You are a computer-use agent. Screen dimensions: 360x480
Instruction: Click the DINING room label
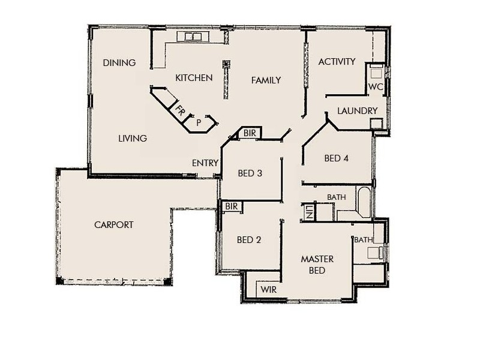pyautogui.click(x=119, y=63)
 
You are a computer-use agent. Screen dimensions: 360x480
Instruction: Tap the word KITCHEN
pyautogui.click(x=194, y=78)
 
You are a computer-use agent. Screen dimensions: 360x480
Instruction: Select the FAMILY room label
pyautogui.click(x=266, y=80)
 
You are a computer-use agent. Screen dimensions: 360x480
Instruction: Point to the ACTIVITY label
pyautogui.click(x=337, y=62)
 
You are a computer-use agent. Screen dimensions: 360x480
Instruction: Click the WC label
pyautogui.click(x=376, y=87)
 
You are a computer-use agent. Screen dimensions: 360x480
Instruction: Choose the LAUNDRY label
pyautogui.click(x=357, y=111)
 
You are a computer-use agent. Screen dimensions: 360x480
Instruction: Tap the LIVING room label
pyautogui.click(x=132, y=139)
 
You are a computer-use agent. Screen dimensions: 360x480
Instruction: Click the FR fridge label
pyautogui.click(x=180, y=110)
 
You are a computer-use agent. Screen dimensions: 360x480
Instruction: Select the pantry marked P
pyautogui.click(x=198, y=122)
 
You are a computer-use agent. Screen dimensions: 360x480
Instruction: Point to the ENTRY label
pyautogui.click(x=205, y=163)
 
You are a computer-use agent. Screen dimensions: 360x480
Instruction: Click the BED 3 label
pyautogui.click(x=250, y=174)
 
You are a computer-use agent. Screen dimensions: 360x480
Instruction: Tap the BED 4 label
pyautogui.click(x=336, y=159)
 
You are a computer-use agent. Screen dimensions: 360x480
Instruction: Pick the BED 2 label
pyautogui.click(x=249, y=240)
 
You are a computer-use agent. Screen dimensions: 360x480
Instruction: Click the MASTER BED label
pyautogui.click(x=317, y=265)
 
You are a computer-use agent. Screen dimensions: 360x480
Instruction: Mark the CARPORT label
pyautogui.click(x=113, y=225)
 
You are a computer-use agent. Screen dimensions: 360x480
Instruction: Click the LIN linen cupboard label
pyautogui.click(x=309, y=212)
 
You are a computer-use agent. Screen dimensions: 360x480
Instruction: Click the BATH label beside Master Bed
pyautogui.click(x=363, y=240)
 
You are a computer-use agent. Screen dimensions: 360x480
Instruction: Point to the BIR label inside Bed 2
pyautogui.click(x=232, y=206)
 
